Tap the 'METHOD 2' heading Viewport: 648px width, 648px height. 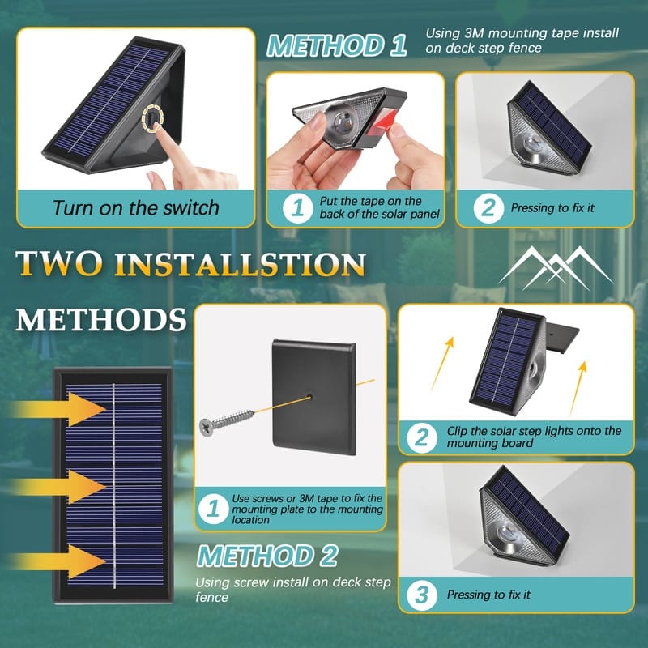coord(267,556)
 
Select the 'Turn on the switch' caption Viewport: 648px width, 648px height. coord(135,207)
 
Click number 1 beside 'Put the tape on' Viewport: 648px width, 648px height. coord(298,207)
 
